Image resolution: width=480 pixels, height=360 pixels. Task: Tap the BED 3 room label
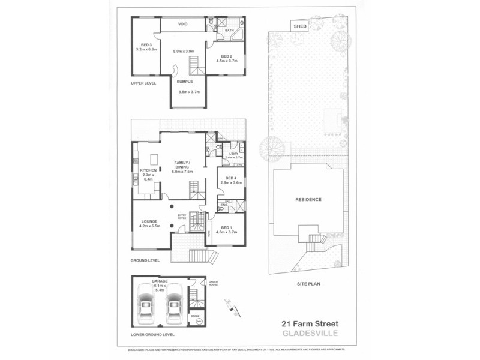point(146,45)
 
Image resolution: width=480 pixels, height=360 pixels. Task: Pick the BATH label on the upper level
point(229,30)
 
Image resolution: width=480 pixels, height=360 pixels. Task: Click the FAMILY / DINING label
point(182,163)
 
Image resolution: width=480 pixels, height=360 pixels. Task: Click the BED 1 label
point(226,228)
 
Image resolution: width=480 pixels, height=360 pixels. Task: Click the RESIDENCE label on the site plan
point(308,200)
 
